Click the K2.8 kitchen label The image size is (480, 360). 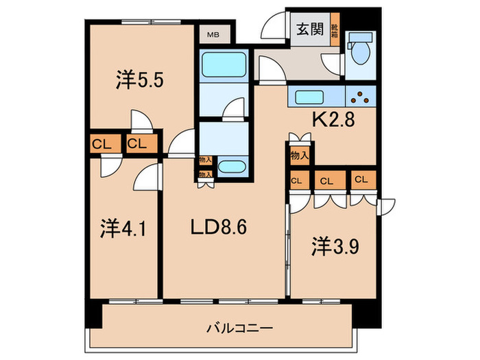[335, 120]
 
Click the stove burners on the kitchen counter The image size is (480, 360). [361, 96]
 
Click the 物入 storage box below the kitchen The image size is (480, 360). [298, 156]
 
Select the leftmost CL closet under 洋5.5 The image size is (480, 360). [101, 144]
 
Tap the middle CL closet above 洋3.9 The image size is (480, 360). [327, 181]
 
